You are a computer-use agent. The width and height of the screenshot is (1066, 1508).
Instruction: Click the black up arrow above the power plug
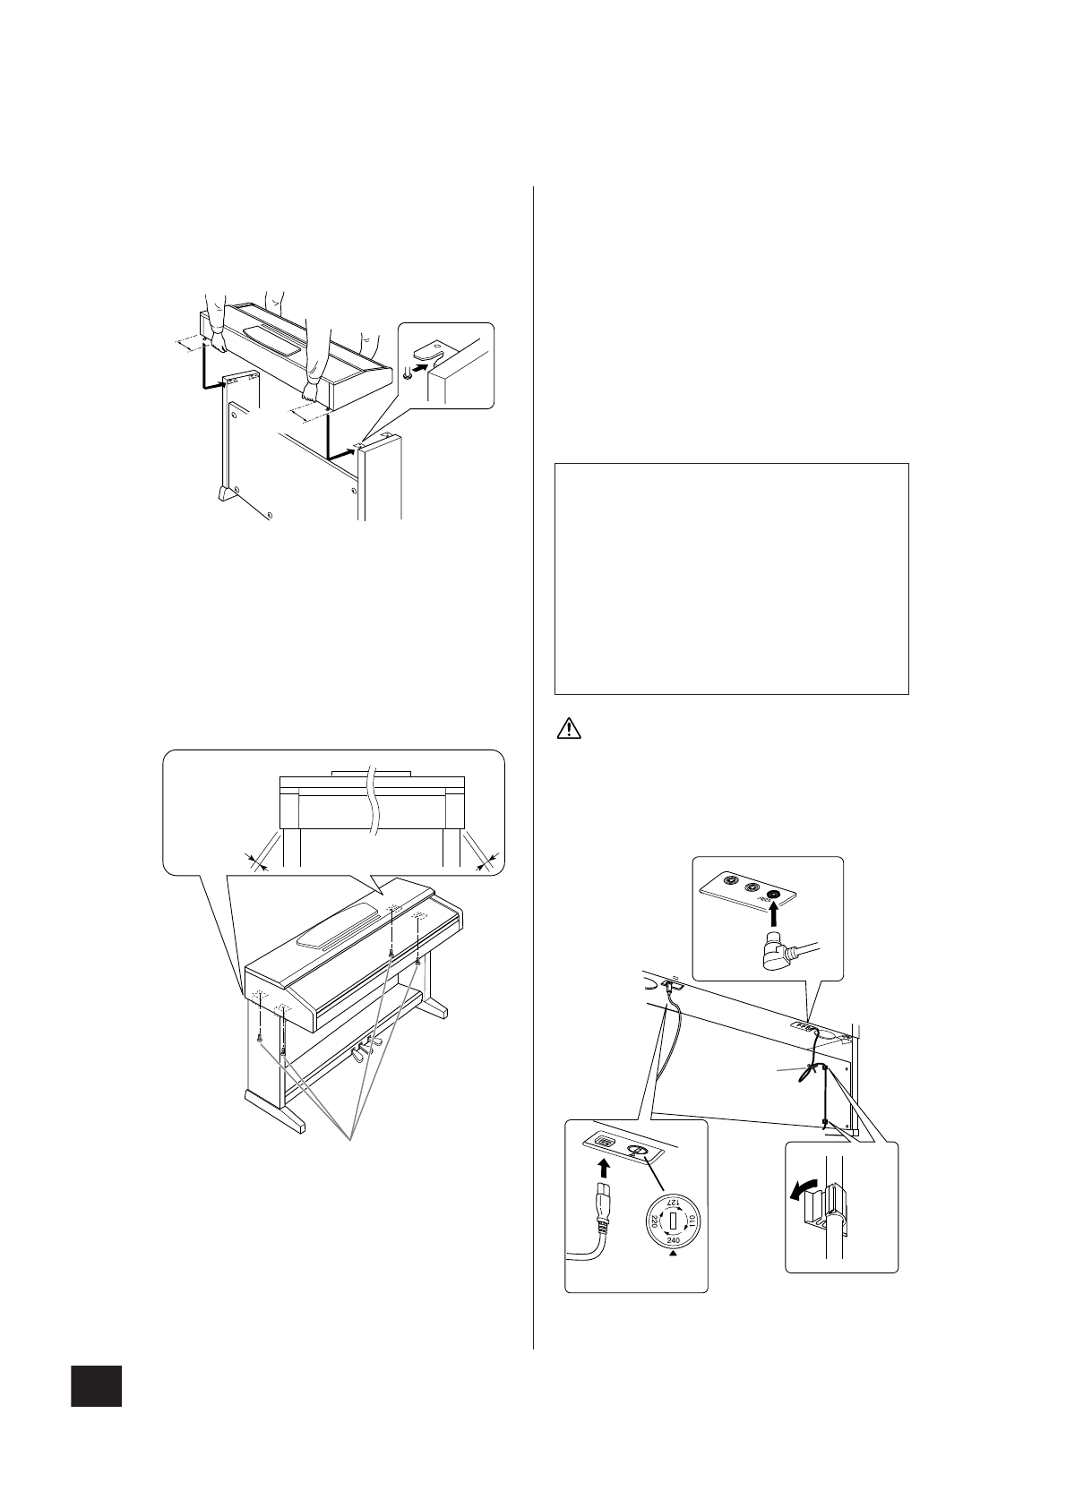coord(604,1168)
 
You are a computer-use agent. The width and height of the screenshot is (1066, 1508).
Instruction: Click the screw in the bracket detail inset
coord(408,373)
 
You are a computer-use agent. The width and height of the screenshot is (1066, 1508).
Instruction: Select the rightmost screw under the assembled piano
coord(418,961)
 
